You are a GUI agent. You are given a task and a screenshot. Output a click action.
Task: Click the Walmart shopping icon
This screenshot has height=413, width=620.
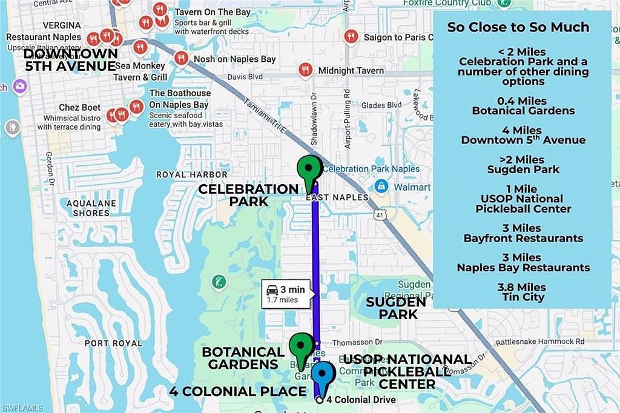pyautogui.click(x=381, y=185)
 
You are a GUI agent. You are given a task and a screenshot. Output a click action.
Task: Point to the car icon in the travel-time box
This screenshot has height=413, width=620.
pyautogui.click(x=272, y=289)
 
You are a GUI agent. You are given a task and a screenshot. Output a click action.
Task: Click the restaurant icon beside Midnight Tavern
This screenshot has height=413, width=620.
pyautogui.click(x=306, y=70)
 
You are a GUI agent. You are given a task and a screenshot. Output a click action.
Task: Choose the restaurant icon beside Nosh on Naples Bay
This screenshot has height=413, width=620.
pyautogui.click(x=181, y=58)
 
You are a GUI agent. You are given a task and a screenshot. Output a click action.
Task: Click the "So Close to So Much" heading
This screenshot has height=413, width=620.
pyautogui.click(x=518, y=27)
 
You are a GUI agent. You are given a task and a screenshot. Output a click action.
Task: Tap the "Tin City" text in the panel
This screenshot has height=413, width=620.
pyautogui.click(x=523, y=297)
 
